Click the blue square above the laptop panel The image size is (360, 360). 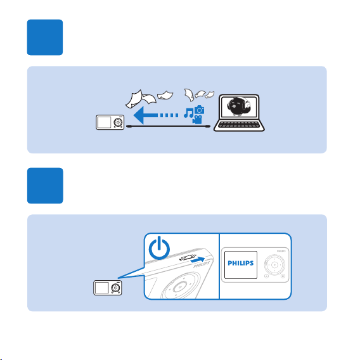[45, 37]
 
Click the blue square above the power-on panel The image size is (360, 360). [45, 186]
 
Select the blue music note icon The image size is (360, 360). [189, 113]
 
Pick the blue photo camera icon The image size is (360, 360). [199, 110]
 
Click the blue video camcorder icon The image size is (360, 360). [197, 120]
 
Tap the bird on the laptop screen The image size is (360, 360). [239, 106]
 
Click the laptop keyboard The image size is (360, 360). [238, 125]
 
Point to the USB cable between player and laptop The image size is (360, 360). [169, 126]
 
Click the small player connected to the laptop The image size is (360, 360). [110, 122]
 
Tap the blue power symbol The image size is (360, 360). [159, 248]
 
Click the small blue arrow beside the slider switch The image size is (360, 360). [198, 260]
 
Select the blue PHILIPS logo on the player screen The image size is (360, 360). [241, 263]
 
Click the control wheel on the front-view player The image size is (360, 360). [274, 265]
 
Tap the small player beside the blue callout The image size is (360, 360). [108, 288]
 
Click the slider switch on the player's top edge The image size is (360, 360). [188, 257]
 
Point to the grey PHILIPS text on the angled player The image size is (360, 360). [202, 264]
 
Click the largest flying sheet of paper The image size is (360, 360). [134, 99]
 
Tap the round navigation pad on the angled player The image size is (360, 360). [180, 286]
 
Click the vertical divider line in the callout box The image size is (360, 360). [219, 266]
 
